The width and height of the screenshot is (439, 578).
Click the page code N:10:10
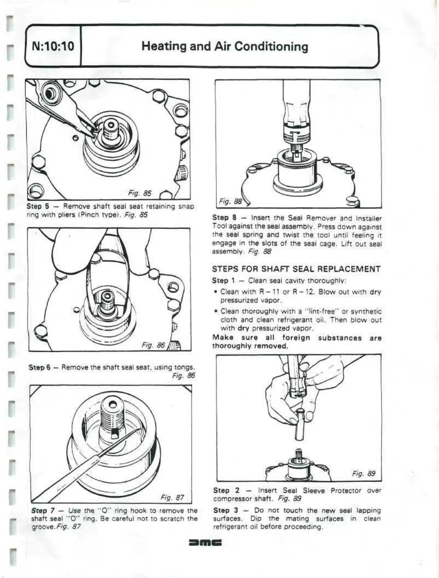(53, 47)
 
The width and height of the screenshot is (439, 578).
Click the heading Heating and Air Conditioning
(225, 47)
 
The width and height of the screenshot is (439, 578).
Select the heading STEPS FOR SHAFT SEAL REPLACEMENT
(296, 269)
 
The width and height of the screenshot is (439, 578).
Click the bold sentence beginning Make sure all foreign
(296, 342)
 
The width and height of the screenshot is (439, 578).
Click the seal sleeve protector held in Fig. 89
(300, 423)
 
